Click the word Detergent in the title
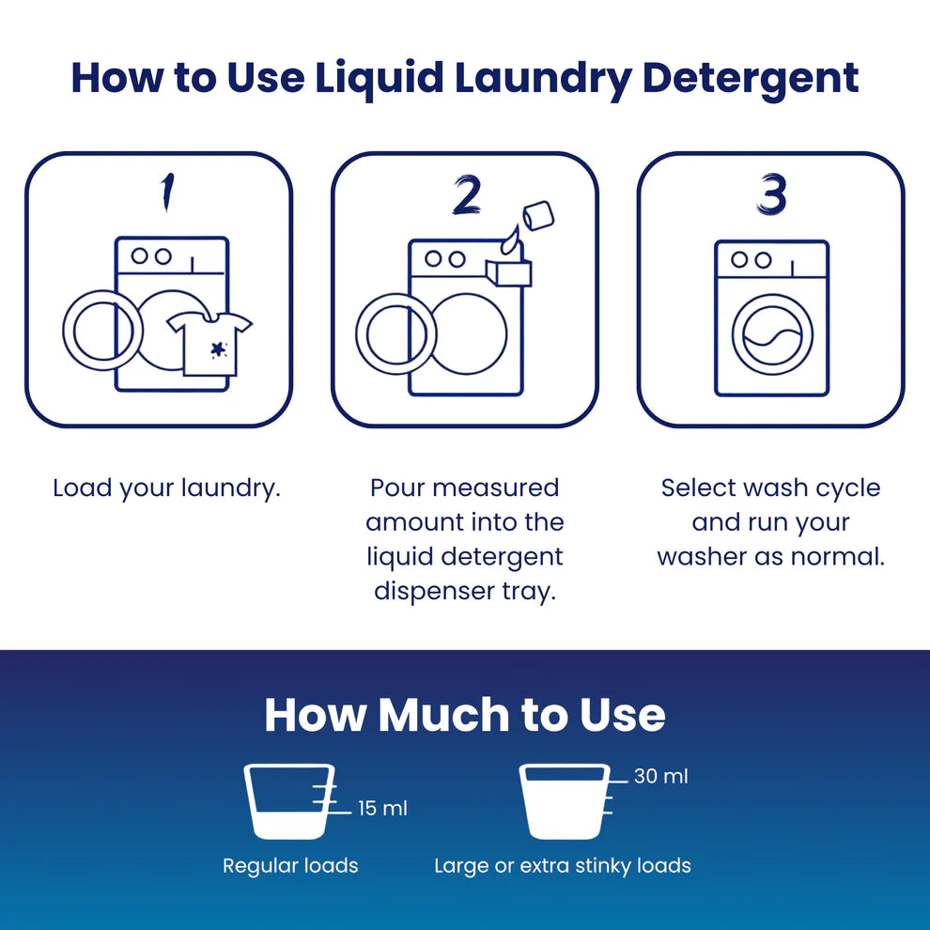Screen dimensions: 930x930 [751, 79]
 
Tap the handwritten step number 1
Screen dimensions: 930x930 [168, 193]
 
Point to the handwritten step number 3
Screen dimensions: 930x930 [771, 194]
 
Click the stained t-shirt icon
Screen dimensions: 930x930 [209, 344]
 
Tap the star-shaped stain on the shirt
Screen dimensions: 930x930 [219, 350]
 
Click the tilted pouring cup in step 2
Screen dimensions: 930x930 [538, 215]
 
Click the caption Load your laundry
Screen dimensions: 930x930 [166, 488]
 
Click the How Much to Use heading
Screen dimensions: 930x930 [465, 715]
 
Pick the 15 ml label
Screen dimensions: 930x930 [382, 809]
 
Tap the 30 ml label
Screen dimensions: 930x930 [660, 776]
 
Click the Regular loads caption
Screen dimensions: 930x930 [290, 866]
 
